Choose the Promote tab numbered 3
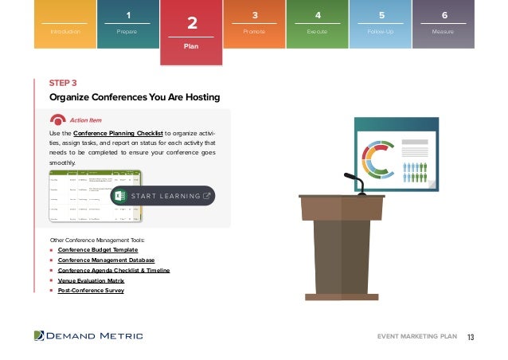click(254, 25)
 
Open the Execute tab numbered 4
click(317, 25)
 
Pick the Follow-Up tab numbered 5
click(381, 25)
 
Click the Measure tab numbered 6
click(444, 25)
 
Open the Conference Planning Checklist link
click(118, 132)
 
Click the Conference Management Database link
click(106, 260)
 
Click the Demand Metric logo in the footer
click(88, 336)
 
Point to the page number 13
click(471, 336)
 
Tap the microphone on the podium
click(355, 183)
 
